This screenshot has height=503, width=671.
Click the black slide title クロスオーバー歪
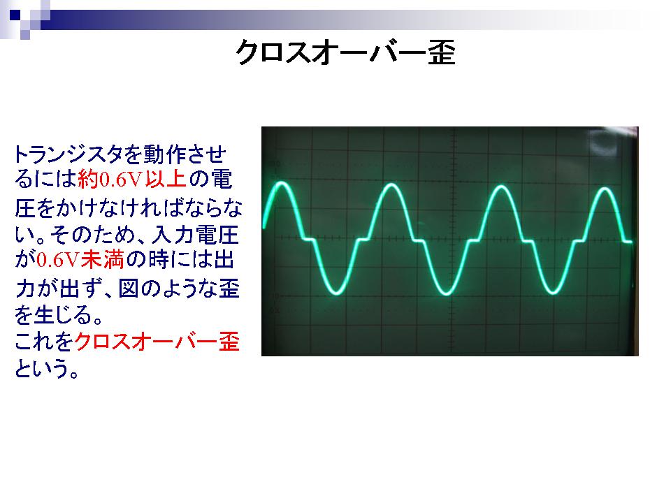tap(345, 53)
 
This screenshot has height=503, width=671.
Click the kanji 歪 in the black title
tap(442, 53)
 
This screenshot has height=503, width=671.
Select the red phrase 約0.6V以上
tap(132, 180)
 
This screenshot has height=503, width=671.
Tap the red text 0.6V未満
tap(80, 260)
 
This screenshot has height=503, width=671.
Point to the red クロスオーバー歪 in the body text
tap(157, 342)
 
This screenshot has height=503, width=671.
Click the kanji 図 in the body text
tap(129, 289)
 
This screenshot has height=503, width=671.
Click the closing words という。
tap(47, 368)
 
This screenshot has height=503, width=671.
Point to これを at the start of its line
tap(44, 342)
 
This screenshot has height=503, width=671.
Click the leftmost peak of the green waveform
tap(282, 184)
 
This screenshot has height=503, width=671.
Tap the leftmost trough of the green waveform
tap(336, 293)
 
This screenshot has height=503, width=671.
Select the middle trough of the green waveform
tap(446, 294)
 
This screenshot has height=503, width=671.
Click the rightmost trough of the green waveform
tap(552, 293)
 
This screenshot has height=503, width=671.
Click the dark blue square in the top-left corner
tap(15, 15)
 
